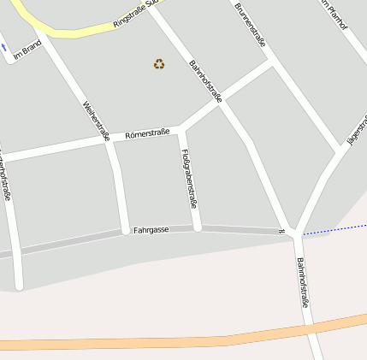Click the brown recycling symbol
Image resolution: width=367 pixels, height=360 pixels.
point(159,63)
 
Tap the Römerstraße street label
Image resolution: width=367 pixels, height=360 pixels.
point(147,133)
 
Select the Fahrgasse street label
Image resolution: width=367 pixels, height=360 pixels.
point(151,230)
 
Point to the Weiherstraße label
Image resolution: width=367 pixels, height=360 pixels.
point(97,121)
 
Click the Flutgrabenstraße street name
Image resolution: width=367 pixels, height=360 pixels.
point(189,179)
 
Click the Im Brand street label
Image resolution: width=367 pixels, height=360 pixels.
point(27,51)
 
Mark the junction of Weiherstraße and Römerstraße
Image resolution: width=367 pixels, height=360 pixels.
point(109,142)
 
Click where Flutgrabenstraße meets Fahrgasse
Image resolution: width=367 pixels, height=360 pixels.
point(198,228)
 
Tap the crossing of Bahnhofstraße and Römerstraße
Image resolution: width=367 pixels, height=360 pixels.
point(222,103)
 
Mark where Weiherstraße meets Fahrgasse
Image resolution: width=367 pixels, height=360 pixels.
point(126,231)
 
